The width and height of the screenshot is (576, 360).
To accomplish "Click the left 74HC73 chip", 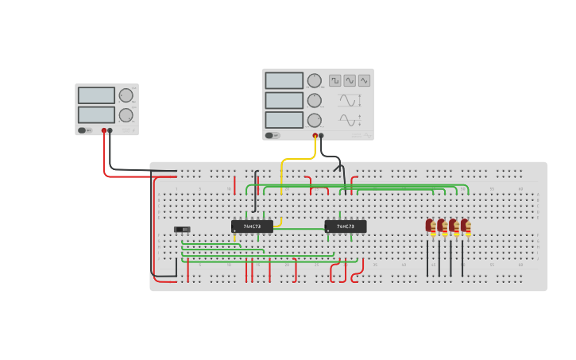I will point(252,226).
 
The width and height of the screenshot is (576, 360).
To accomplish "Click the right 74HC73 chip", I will point(346,226).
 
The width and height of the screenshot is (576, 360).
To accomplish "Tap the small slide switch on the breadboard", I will point(183,230).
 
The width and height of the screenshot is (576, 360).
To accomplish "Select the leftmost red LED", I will point(430,226).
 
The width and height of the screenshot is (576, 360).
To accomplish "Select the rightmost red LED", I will point(466,226).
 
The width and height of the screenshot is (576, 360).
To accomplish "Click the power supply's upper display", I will point(96,95).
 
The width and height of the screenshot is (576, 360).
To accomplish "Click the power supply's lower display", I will point(96,114).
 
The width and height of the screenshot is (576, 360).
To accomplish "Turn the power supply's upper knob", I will point(126,95).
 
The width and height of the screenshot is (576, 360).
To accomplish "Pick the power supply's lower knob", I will point(126,114).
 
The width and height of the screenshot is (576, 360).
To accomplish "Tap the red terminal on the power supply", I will point(104,130).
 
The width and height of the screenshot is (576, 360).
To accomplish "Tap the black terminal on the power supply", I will point(110,130).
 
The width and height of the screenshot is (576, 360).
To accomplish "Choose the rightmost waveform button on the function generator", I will point(364,80).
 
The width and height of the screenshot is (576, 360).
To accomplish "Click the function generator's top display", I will point(284,80).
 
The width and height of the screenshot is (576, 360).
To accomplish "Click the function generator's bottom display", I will point(284,119).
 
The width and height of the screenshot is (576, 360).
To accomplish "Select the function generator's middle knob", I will point(315,100).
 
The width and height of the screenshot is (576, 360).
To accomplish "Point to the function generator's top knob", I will point(315,80).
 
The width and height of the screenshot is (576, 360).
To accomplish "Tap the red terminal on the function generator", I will point(315,136).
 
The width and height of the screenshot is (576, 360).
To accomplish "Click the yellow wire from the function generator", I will point(282,175).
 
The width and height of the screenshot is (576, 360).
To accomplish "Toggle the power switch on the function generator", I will point(272,135).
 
